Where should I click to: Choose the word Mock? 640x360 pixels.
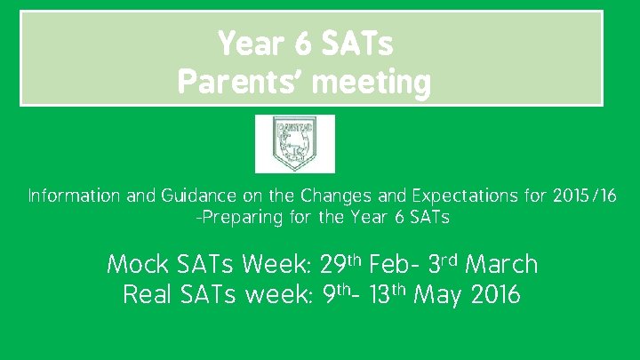coord(134,265)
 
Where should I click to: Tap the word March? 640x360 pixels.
coord(501,265)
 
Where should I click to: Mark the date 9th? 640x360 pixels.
coord(332,295)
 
